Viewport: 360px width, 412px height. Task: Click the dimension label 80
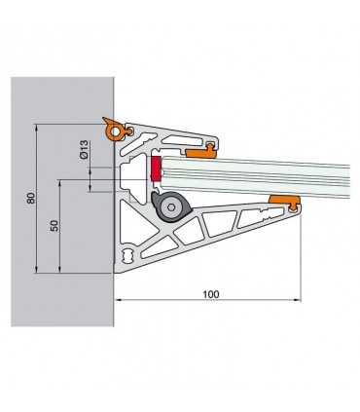(x=31, y=198)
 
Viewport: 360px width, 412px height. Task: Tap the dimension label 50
(x=54, y=226)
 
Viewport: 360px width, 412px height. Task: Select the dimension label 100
(x=211, y=294)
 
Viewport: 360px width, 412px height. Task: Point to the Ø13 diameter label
(x=84, y=149)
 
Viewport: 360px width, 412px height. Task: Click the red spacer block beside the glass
(x=156, y=169)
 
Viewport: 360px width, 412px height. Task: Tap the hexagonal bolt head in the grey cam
(x=170, y=207)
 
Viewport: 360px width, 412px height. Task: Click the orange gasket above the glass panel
(x=201, y=151)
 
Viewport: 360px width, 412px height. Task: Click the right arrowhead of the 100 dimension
(x=299, y=300)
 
